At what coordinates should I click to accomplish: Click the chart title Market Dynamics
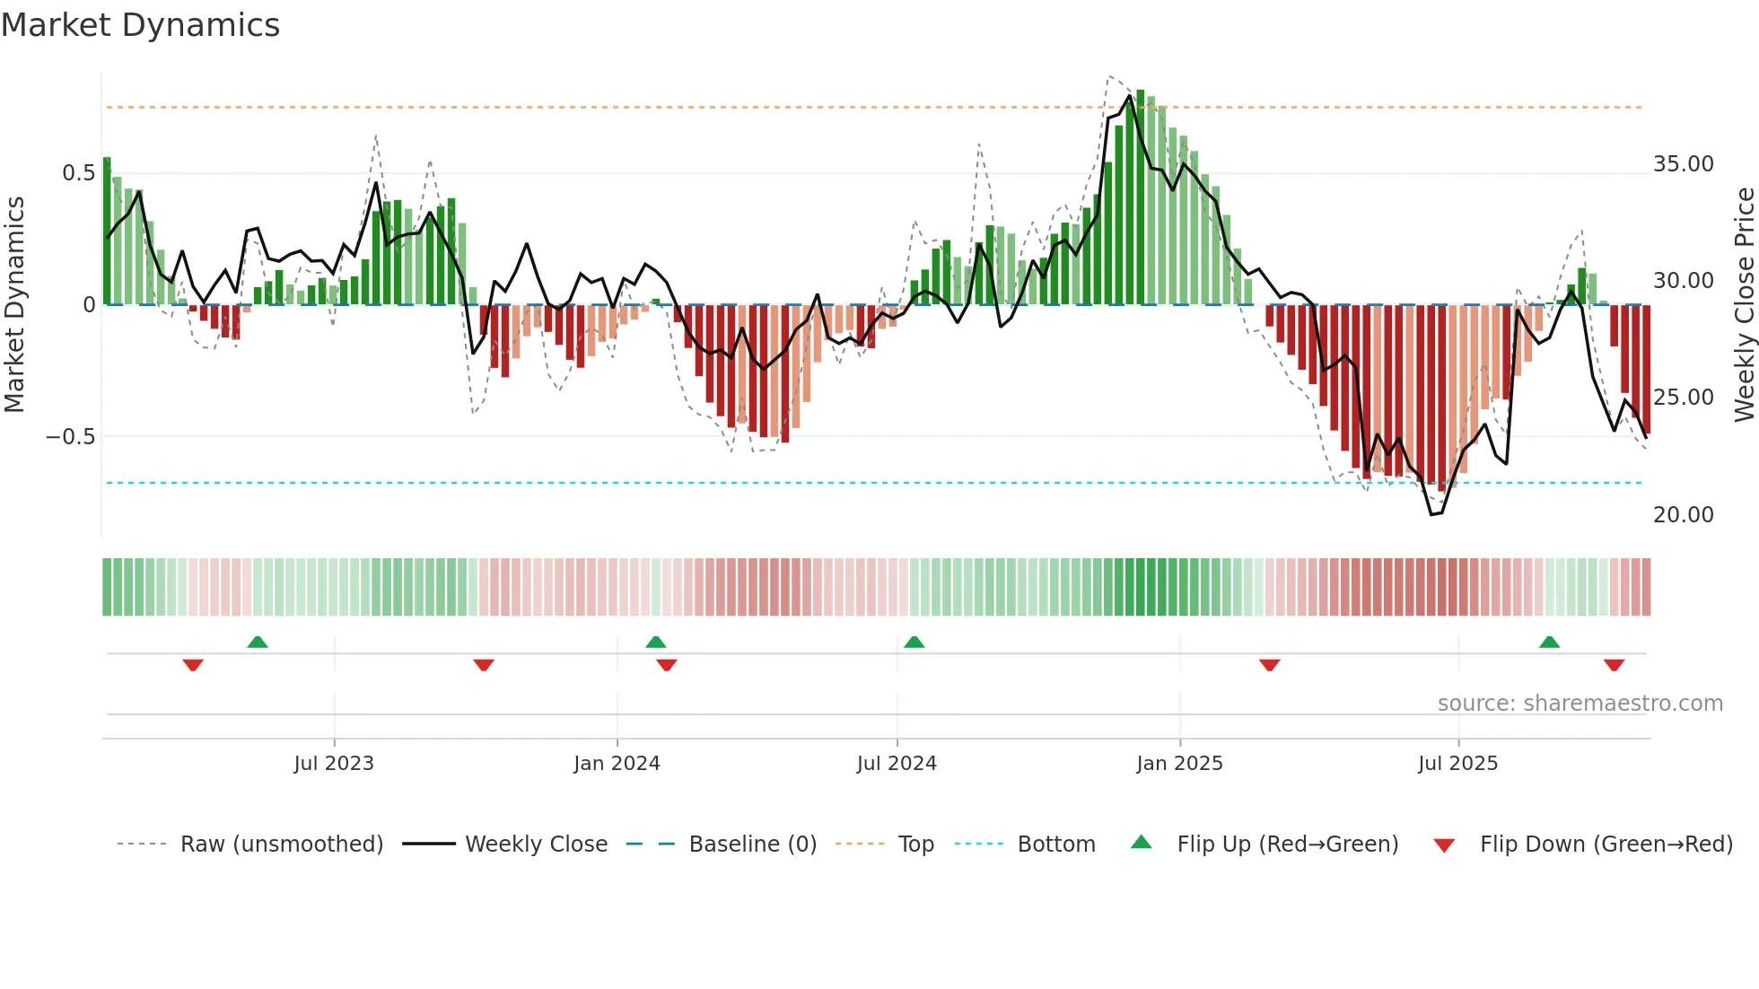click(140, 25)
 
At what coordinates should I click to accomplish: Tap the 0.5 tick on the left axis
click(78, 172)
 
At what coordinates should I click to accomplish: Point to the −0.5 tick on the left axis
click(71, 437)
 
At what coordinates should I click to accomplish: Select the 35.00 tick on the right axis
click(1684, 164)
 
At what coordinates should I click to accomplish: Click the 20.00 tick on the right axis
click(1684, 515)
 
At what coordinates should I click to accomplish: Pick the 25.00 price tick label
click(1684, 398)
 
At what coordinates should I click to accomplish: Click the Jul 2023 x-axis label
click(334, 764)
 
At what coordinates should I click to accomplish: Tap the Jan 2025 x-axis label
click(1179, 764)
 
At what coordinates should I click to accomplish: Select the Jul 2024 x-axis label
click(897, 764)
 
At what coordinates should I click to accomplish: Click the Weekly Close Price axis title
click(1744, 304)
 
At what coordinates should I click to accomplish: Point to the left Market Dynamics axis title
click(14, 304)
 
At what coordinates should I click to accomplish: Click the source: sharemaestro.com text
click(1580, 704)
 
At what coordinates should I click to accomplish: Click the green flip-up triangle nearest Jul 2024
click(915, 642)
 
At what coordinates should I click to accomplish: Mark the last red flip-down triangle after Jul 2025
click(1614, 665)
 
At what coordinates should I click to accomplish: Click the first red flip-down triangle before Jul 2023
click(193, 665)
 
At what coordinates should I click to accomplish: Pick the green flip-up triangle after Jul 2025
click(1549, 642)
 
